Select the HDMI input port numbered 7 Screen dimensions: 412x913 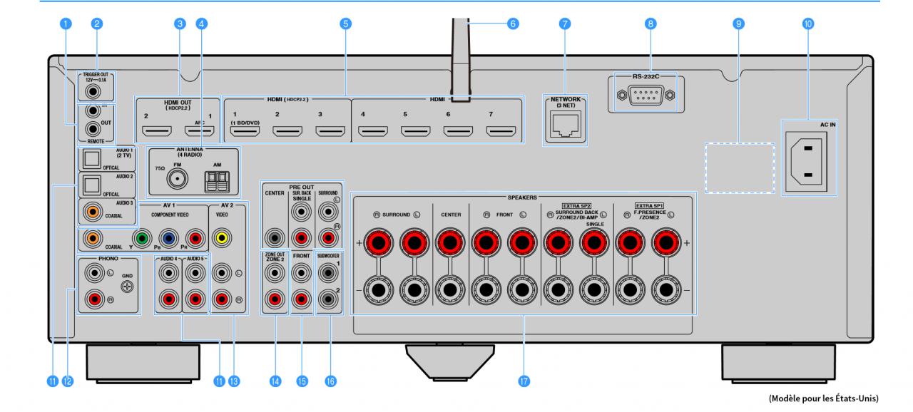pos(501,131)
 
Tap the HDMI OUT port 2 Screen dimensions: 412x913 pos(156,131)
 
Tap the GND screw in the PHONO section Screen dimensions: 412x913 pos(128,287)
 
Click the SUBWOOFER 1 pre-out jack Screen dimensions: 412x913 pos(327,271)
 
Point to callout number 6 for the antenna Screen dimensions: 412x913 pos(512,24)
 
